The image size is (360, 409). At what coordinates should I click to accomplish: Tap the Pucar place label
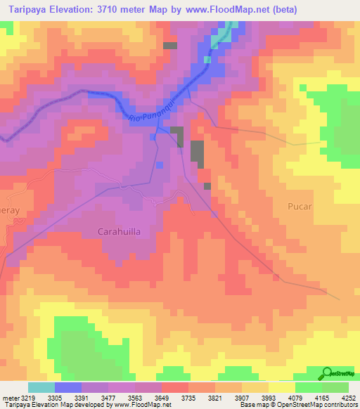tap(300, 207)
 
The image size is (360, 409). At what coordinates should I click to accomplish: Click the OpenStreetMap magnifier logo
tap(326, 372)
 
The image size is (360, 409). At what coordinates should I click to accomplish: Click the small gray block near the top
tap(169, 45)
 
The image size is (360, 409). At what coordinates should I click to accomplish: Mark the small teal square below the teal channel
tap(207, 60)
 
